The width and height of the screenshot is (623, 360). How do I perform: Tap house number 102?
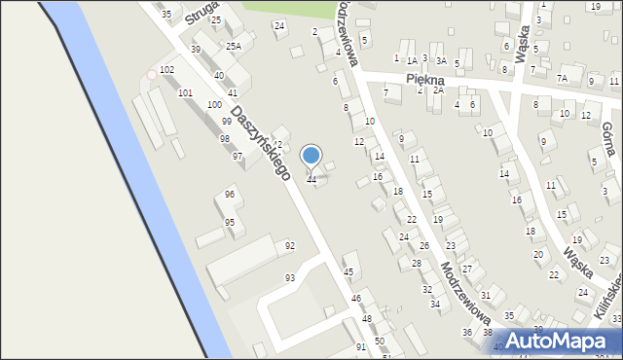(167, 70)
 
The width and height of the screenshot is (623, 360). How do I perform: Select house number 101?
(185, 92)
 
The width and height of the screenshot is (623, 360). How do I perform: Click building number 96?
(230, 195)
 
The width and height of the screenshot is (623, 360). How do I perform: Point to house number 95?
(230, 223)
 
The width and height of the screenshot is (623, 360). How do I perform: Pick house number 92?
(290, 246)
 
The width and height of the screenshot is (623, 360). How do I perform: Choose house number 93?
(290, 278)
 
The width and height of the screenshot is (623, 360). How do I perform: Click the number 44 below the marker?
(311, 180)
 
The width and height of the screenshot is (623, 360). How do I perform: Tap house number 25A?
(234, 46)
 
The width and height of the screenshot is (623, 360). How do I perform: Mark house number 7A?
(562, 78)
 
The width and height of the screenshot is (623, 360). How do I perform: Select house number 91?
(361, 347)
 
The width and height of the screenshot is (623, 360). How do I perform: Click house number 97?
(238, 157)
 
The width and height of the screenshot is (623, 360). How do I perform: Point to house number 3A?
(441, 60)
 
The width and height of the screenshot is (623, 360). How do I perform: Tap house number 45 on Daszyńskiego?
(348, 272)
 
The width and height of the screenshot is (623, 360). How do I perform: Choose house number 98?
(225, 139)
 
